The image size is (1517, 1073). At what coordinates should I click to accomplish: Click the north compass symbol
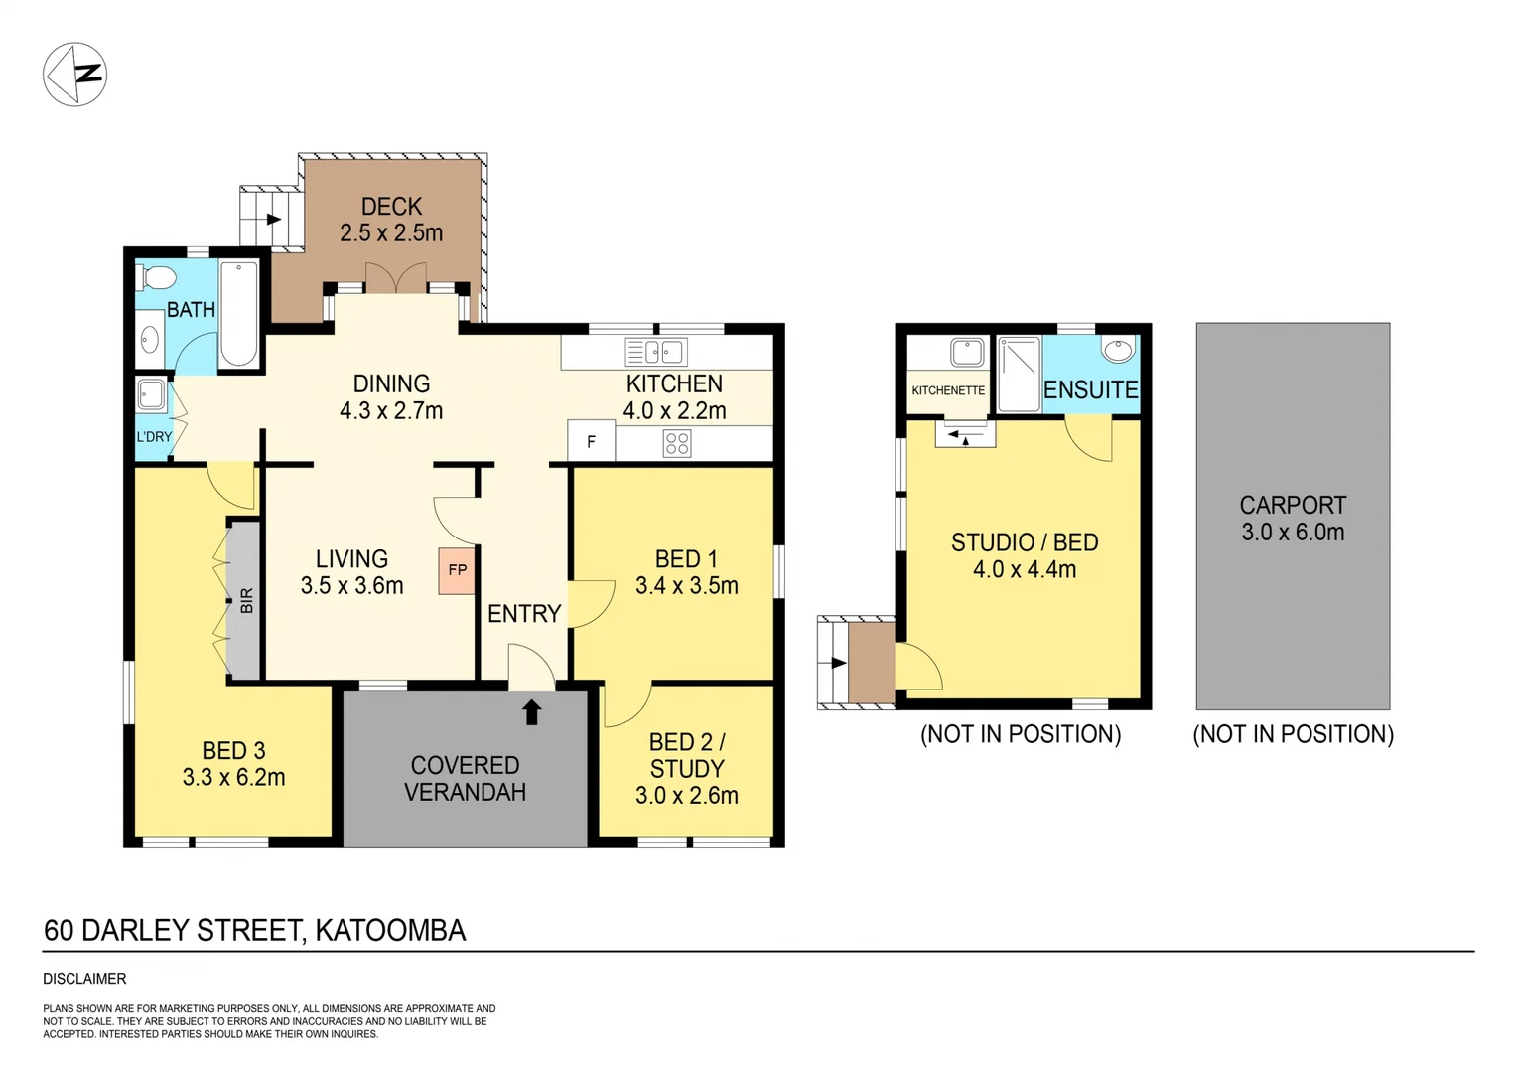tap(74, 75)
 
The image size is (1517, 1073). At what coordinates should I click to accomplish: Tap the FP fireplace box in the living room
tap(457, 571)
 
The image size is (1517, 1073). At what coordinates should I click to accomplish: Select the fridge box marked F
tap(592, 442)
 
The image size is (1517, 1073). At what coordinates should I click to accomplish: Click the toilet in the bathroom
tap(156, 276)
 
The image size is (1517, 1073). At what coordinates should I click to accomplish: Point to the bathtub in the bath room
tap(238, 313)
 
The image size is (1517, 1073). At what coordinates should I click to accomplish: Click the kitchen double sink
tap(655, 352)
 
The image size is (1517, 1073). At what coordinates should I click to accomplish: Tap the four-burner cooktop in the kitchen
tap(677, 443)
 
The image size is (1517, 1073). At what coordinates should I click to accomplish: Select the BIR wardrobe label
tap(246, 600)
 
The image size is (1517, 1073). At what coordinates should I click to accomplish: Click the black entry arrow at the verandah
tap(531, 711)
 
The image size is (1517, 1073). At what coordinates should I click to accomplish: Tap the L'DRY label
tap(154, 437)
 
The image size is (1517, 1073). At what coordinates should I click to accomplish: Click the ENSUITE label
tap(1090, 390)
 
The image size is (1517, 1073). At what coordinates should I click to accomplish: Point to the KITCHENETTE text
tap(948, 390)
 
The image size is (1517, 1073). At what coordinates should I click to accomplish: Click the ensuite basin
tap(1118, 350)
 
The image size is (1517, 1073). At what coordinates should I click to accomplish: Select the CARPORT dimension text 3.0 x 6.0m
tap(1293, 533)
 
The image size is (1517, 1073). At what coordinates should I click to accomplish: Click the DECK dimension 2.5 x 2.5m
tap(391, 233)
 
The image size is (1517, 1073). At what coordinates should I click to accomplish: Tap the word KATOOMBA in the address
tap(390, 931)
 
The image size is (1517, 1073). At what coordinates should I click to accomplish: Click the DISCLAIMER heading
tap(84, 979)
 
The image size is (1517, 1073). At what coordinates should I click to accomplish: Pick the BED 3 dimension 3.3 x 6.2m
tap(233, 778)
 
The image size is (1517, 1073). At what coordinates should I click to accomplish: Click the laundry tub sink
tap(152, 394)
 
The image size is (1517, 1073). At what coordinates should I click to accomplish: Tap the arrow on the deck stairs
tap(272, 219)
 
